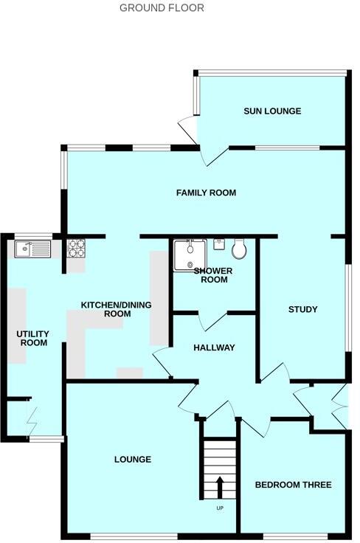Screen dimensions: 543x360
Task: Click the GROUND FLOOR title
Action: [162, 8]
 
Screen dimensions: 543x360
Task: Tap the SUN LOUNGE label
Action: [272, 111]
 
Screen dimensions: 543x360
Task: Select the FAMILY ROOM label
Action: [206, 193]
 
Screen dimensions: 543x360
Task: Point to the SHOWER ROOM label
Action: [213, 275]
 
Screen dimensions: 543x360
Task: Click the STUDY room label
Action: [302, 310]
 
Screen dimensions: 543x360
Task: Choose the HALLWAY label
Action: [213, 347]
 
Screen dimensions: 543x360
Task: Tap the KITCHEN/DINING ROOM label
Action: [105, 309]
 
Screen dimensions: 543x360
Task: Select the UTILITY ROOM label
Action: [32, 338]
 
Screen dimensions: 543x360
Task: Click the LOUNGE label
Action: [133, 460]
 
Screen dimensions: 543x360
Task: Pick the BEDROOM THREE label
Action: [293, 485]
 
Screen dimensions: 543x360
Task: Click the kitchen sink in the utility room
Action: [32, 250]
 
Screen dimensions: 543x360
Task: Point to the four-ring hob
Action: [77, 248]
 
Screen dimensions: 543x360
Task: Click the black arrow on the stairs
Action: [220, 487]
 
